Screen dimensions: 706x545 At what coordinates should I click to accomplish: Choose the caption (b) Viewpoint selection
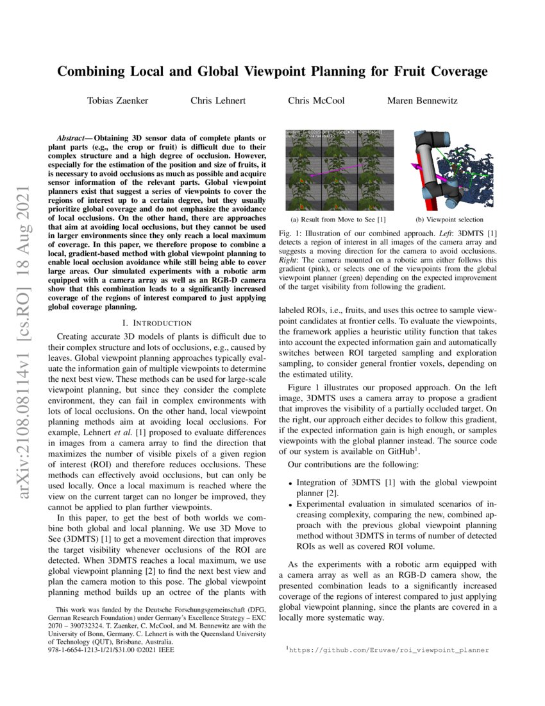coord(449,220)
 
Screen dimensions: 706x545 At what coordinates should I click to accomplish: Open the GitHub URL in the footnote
coord(389,650)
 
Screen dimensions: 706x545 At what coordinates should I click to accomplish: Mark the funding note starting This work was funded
coord(157,610)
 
